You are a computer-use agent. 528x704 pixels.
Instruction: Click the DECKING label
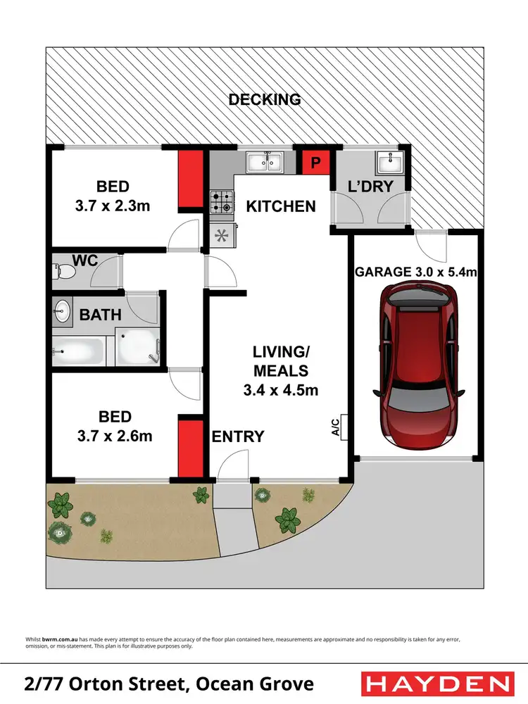265,99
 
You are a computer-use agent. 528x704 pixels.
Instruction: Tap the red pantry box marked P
315,163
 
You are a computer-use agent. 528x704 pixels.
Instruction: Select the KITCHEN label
280,206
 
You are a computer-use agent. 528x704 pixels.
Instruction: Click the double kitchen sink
265,163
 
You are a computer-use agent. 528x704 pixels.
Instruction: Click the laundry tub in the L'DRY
389,163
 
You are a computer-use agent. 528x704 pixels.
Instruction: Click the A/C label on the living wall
336,427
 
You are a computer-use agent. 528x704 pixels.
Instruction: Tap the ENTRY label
238,436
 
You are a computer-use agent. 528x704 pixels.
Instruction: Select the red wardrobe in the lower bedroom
189,448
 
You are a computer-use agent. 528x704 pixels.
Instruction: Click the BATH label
100,314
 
